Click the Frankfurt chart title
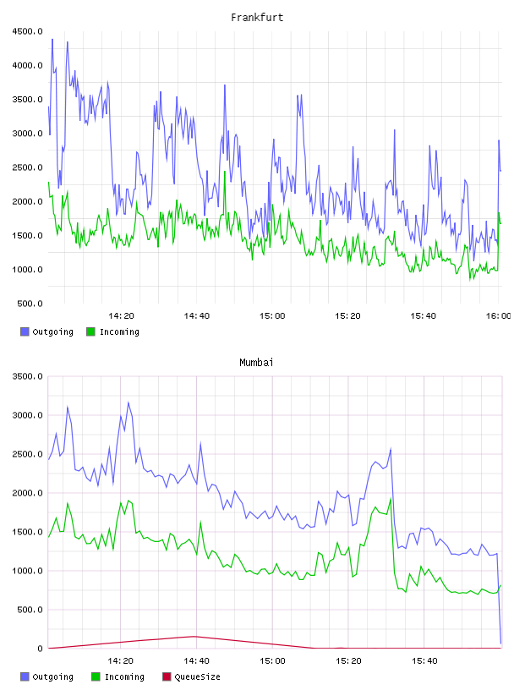pyautogui.click(x=257, y=17)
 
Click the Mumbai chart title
pyautogui.click(x=256, y=362)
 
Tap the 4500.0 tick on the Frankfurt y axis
pyautogui.click(x=27, y=31)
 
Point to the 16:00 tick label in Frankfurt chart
pyautogui.click(x=499, y=315)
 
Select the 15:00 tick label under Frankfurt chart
pyautogui.click(x=272, y=315)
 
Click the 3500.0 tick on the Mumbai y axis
pyautogui.click(x=27, y=376)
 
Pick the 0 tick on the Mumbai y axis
pyautogui.click(x=40, y=649)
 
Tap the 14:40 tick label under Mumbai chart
pyautogui.click(x=196, y=660)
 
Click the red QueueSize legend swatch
pyautogui.click(x=167, y=676)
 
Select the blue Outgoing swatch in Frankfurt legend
pyautogui.click(x=25, y=331)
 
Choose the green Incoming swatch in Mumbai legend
pyautogui.click(x=96, y=676)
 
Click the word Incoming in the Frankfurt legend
pyautogui.click(x=119, y=331)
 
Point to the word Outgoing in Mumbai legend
pyautogui.click(x=52, y=676)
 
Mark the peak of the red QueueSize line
pyautogui.click(x=195, y=637)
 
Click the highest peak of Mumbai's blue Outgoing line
pyautogui.click(x=128, y=402)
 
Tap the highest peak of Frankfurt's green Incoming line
pyautogui.click(x=225, y=172)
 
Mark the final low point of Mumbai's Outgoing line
pyautogui.click(x=500, y=643)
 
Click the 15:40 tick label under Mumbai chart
pyautogui.click(x=424, y=660)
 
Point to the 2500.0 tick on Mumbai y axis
pyautogui.click(x=27, y=454)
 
